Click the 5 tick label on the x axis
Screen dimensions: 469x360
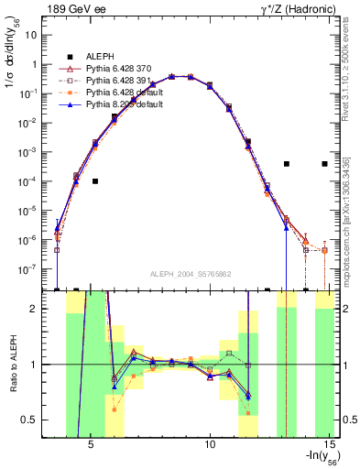[x=92, y=449]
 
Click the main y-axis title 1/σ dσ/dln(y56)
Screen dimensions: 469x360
[x=12, y=82]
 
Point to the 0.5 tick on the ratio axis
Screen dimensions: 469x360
[x=37, y=420]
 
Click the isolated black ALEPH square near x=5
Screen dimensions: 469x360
[x=95, y=181]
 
